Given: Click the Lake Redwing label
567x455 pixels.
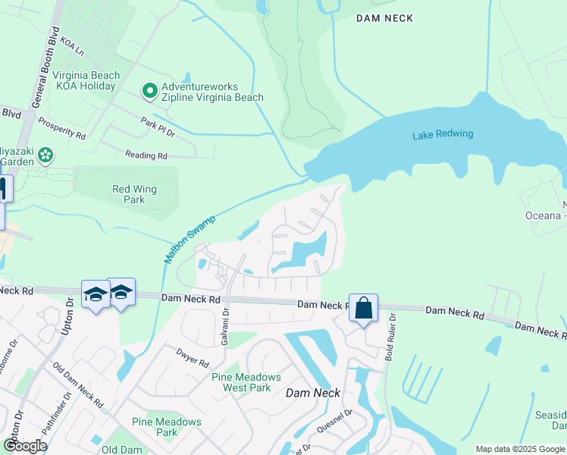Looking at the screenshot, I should pyautogui.click(x=443, y=134).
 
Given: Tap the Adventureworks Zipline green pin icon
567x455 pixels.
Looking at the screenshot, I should pyautogui.click(x=150, y=92).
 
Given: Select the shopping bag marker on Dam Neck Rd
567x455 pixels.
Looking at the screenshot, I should pyautogui.click(x=363, y=308).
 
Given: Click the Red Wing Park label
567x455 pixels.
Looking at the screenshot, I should pyautogui.click(x=128, y=194).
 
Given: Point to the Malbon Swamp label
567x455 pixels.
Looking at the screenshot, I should pyautogui.click(x=190, y=239).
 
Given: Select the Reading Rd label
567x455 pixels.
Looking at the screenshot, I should pyautogui.click(x=146, y=155).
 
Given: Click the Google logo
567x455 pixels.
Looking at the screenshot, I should pyautogui.click(x=24, y=446).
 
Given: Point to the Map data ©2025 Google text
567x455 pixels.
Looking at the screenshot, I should pyautogui.click(x=519, y=449).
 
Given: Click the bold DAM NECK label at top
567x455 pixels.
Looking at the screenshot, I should pyautogui.click(x=385, y=18).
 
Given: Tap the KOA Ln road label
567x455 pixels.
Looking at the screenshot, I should pyautogui.click(x=72, y=44).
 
